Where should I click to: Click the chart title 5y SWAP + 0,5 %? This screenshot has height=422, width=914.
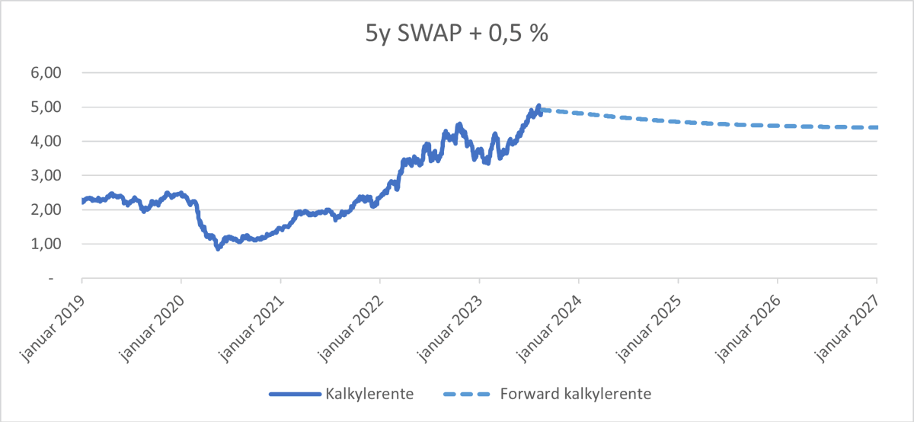(x=456, y=34)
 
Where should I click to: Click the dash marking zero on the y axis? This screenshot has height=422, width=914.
(x=52, y=279)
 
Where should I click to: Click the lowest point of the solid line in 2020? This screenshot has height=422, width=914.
(x=218, y=248)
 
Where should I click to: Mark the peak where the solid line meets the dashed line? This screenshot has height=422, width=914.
(x=538, y=107)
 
